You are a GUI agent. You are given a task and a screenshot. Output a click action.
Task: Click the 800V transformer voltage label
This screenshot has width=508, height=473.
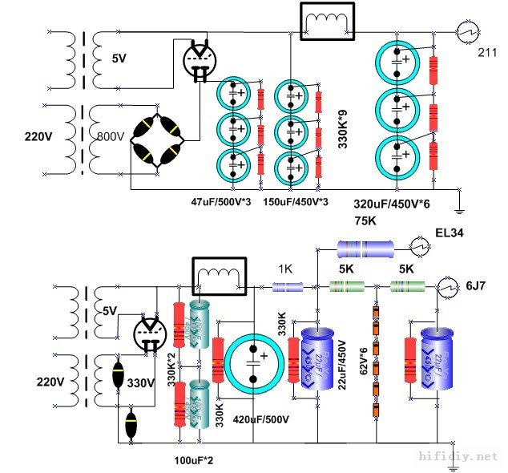[x=111, y=137]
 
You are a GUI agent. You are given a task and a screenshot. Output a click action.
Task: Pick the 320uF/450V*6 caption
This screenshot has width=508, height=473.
[x=392, y=204]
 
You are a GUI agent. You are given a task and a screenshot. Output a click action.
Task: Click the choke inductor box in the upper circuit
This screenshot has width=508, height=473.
[x=325, y=22]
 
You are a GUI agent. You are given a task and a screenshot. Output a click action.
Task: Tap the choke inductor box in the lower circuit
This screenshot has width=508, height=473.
[x=217, y=276]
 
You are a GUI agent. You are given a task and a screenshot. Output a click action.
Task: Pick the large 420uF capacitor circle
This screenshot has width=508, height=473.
[x=253, y=365]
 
